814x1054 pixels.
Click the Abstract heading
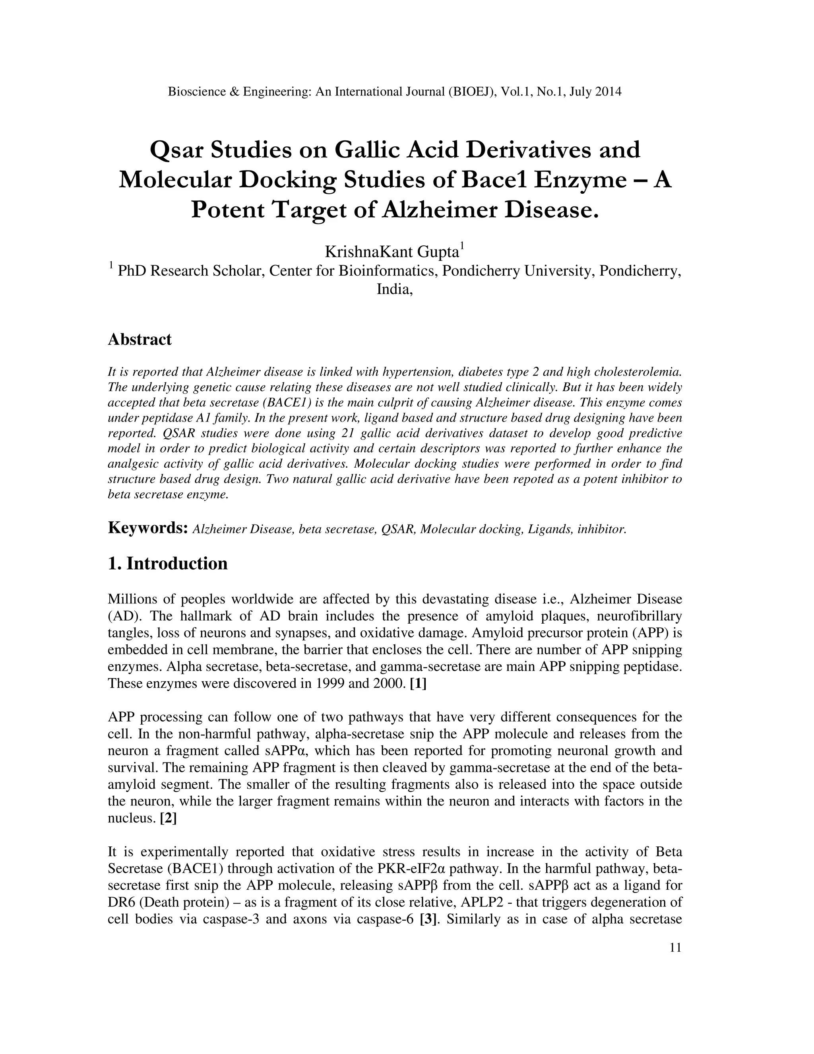pos(140,339)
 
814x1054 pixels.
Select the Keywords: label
pos(147,528)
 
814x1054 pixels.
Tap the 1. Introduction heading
pos(167,563)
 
